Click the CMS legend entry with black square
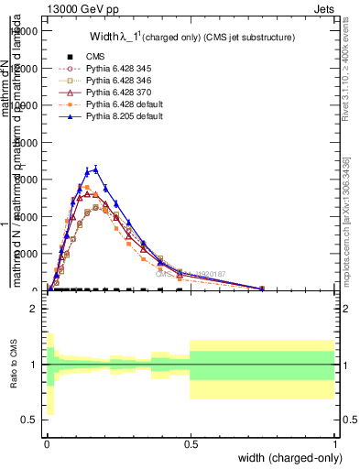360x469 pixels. tap(95, 56)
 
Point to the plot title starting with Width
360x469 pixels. tap(191, 38)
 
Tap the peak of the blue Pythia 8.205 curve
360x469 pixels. tap(95, 169)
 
